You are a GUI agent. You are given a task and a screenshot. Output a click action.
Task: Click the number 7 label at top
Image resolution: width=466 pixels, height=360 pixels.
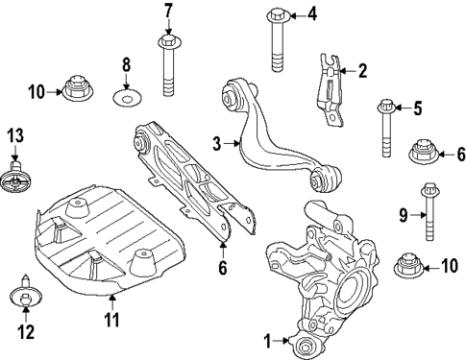pos(167,12)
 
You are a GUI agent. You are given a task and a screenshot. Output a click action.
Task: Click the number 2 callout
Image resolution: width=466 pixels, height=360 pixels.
pos(361,69)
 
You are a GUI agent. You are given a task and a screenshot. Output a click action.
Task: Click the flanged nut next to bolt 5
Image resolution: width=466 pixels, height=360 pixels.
pos(423,152)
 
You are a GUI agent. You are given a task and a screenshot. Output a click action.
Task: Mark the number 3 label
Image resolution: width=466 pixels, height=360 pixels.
pos(217,143)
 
